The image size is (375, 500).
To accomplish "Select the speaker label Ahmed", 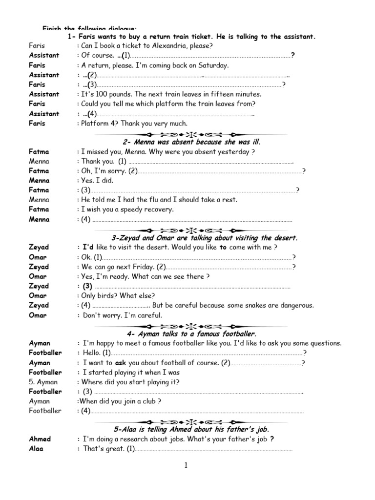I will pyautogui.click(x=40, y=439).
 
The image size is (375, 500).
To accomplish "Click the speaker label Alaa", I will pyautogui.click(x=36, y=449).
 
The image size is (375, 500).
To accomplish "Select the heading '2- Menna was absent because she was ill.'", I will pyautogui.click(x=191, y=142).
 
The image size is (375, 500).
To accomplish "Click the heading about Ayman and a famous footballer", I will pyautogui.click(x=191, y=334).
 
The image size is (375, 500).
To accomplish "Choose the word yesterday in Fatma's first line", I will pyautogui.click(x=226, y=152).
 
